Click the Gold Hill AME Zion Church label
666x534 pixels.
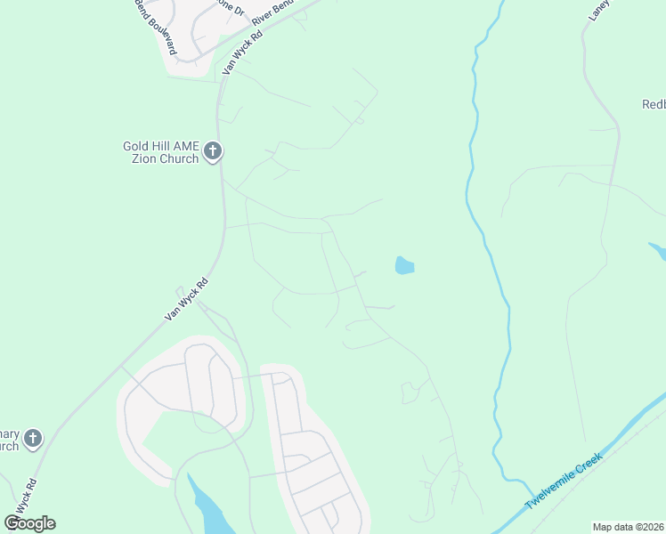tap(161, 152)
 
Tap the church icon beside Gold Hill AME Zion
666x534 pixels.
tap(212, 152)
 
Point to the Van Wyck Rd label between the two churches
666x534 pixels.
tap(187, 299)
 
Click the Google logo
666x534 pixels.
tap(29, 523)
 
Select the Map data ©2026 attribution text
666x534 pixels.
tap(628, 527)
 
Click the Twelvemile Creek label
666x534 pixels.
tap(564, 481)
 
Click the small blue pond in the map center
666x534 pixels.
tap(404, 265)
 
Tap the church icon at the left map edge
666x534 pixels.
tap(33, 438)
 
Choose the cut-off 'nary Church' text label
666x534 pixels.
tap(9, 438)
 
